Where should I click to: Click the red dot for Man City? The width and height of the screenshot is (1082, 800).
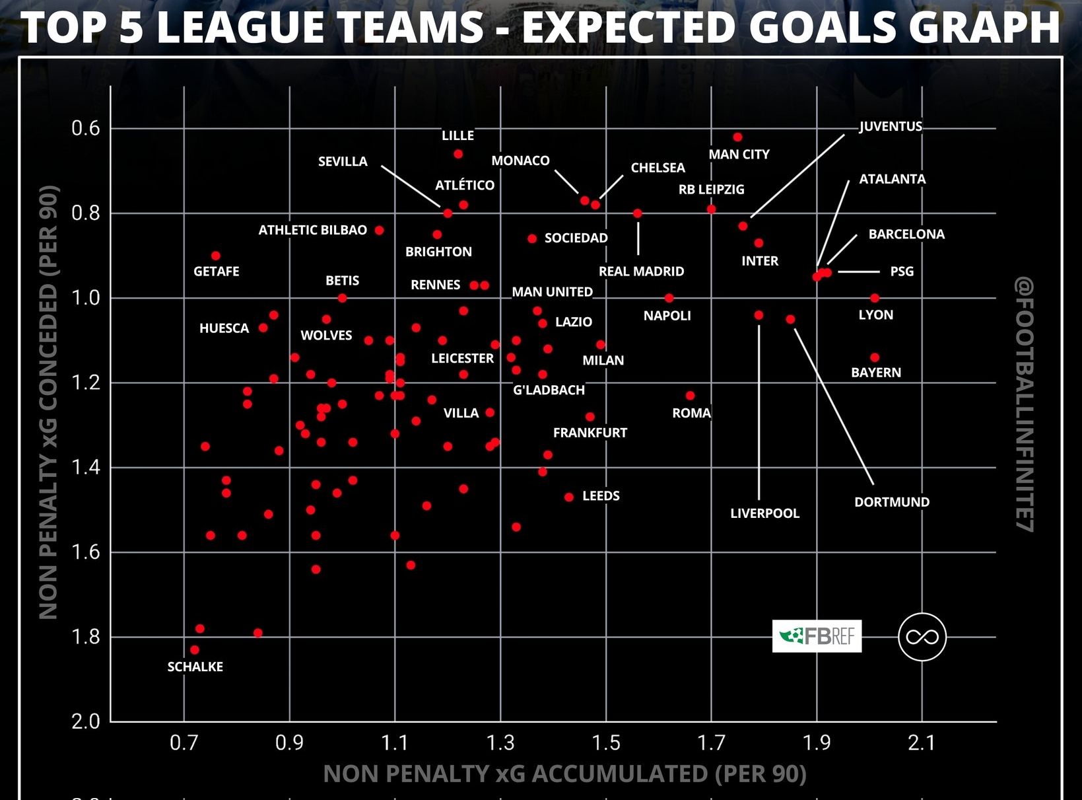click(737, 137)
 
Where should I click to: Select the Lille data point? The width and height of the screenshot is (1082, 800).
click(458, 154)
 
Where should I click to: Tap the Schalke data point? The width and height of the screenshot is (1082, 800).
click(195, 650)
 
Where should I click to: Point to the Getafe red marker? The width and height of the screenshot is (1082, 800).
click(216, 256)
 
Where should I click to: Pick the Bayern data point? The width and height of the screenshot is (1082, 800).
click(875, 357)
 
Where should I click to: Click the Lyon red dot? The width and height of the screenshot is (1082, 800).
click(875, 298)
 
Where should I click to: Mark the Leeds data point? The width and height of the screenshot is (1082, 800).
click(569, 497)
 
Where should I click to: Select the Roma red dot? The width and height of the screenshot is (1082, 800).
click(690, 396)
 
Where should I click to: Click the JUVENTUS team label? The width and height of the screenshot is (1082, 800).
click(891, 126)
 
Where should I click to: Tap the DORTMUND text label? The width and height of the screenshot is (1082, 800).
click(892, 502)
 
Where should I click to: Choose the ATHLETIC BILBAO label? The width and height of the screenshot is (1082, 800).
click(312, 230)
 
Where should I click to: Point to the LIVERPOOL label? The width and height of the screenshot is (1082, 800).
click(764, 513)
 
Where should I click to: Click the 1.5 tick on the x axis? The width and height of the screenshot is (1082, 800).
click(605, 743)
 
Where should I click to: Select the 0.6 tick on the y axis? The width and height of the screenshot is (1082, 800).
click(86, 128)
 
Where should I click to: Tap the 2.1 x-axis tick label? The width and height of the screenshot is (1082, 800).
click(922, 743)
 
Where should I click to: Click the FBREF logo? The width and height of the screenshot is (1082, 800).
click(817, 636)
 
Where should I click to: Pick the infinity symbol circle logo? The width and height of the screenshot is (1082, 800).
click(922, 637)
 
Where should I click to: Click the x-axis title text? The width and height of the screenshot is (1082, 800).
click(564, 774)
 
